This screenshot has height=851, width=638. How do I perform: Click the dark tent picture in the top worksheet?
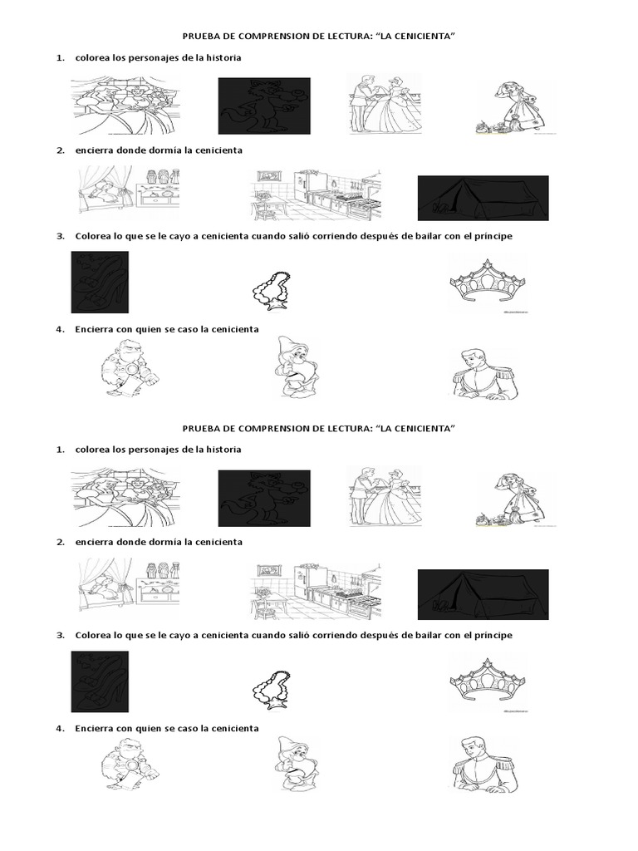pos(483,198)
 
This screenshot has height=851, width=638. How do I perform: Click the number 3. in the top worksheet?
pos(60,236)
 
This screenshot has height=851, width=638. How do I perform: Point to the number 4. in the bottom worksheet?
pos(60,728)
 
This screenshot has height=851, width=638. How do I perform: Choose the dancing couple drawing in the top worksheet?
pos(385,104)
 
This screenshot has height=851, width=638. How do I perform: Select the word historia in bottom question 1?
pos(220,449)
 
